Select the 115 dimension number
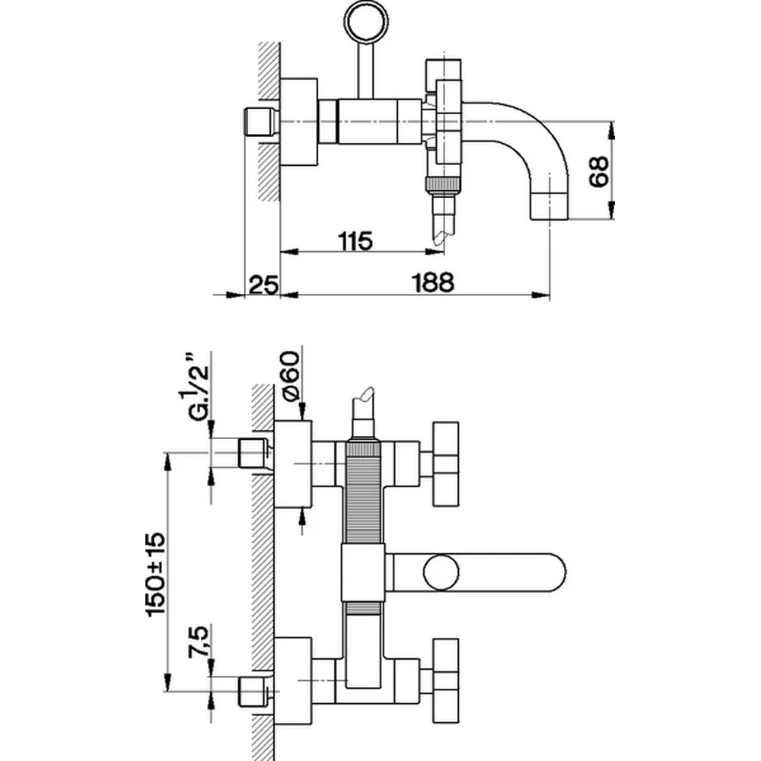point(355,242)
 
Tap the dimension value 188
point(432,283)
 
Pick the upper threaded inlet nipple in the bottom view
point(255,454)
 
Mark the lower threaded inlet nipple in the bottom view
point(255,691)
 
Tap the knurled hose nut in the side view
point(443,185)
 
